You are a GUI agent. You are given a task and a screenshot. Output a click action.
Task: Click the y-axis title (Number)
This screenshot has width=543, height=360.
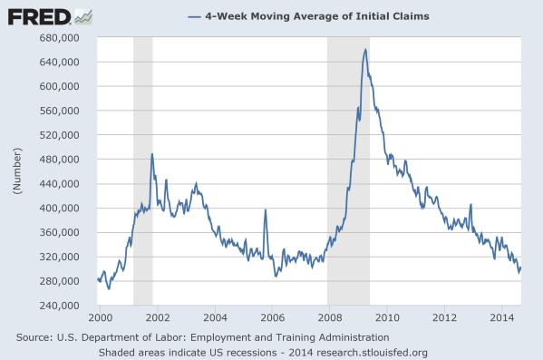[16, 171]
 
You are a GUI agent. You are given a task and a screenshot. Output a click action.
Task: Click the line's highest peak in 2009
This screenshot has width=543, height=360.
[364, 49]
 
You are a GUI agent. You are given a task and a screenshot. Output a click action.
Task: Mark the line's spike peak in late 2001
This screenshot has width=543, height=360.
[152, 153]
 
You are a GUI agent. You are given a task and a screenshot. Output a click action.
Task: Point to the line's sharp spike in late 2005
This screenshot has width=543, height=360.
[265, 210]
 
